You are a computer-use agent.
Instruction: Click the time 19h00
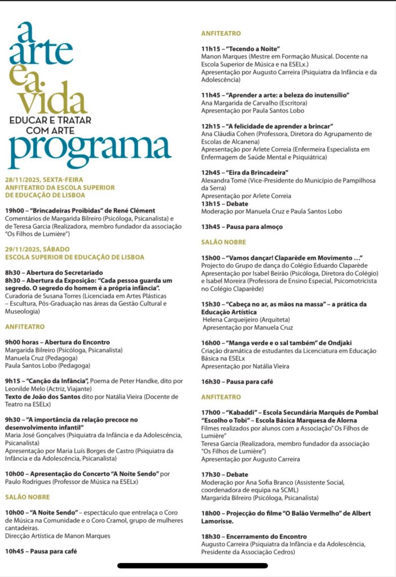15,211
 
